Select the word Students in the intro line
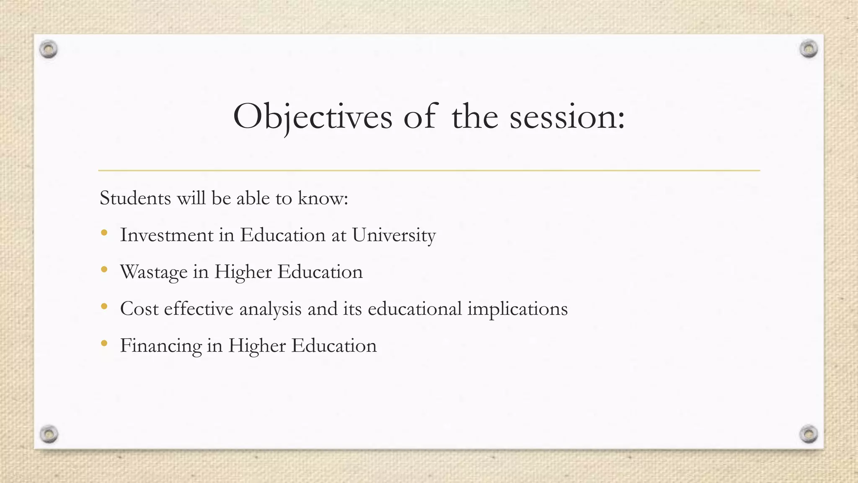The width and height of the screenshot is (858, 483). (135, 198)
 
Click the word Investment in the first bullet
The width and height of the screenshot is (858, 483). (166, 235)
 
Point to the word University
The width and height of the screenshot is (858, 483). (394, 235)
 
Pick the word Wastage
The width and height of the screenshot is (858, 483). (153, 272)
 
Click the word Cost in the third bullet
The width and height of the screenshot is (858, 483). (139, 309)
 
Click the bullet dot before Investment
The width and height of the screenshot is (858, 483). (104, 232)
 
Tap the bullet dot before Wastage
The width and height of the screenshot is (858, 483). (104, 269)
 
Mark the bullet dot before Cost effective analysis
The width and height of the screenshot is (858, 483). (104, 306)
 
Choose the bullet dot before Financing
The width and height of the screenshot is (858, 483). (104, 343)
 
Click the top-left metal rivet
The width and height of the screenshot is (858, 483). (49, 49)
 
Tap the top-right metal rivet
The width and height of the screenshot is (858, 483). (809, 49)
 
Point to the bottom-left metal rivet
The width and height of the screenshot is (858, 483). (49, 434)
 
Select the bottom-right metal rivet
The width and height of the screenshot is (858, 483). (809, 434)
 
